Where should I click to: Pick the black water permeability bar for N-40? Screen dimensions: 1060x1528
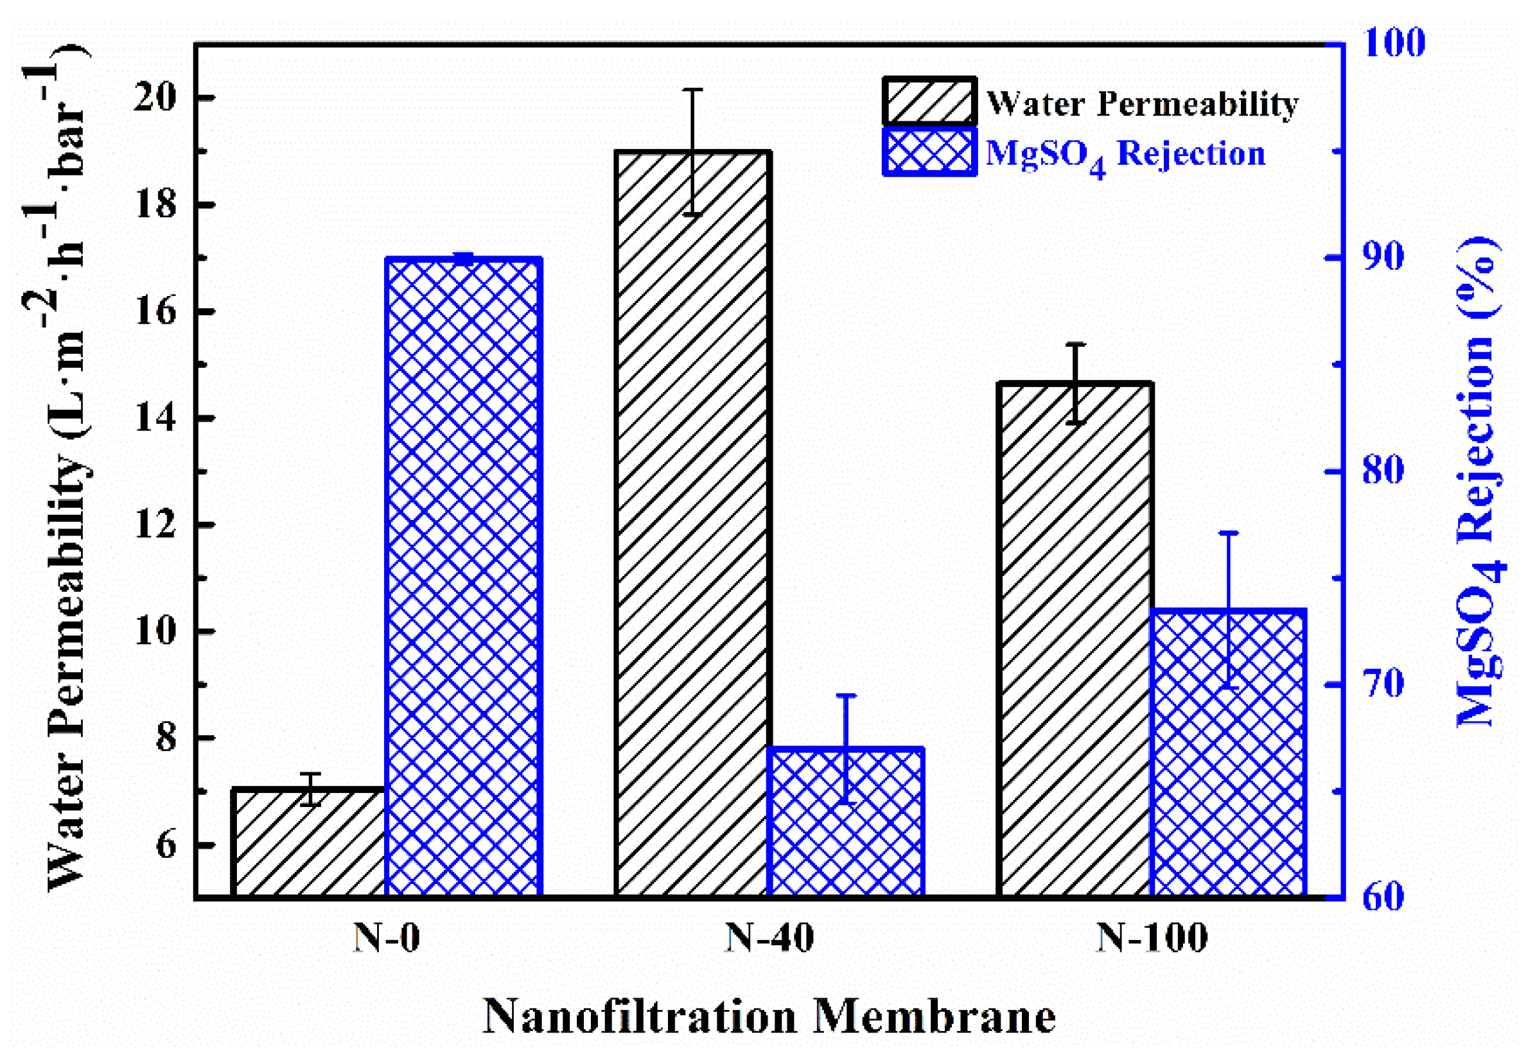tap(692, 525)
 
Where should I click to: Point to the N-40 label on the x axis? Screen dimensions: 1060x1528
tap(769, 939)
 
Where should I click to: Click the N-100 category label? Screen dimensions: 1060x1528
tap(1152, 939)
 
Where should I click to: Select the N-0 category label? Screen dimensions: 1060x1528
tap(386, 939)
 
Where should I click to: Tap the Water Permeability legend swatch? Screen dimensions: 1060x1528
tap(929, 101)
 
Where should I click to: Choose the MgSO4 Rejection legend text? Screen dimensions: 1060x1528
tap(1125, 154)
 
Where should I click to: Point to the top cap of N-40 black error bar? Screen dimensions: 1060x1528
tap(692, 90)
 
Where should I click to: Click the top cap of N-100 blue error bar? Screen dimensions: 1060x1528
tap(1229, 533)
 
